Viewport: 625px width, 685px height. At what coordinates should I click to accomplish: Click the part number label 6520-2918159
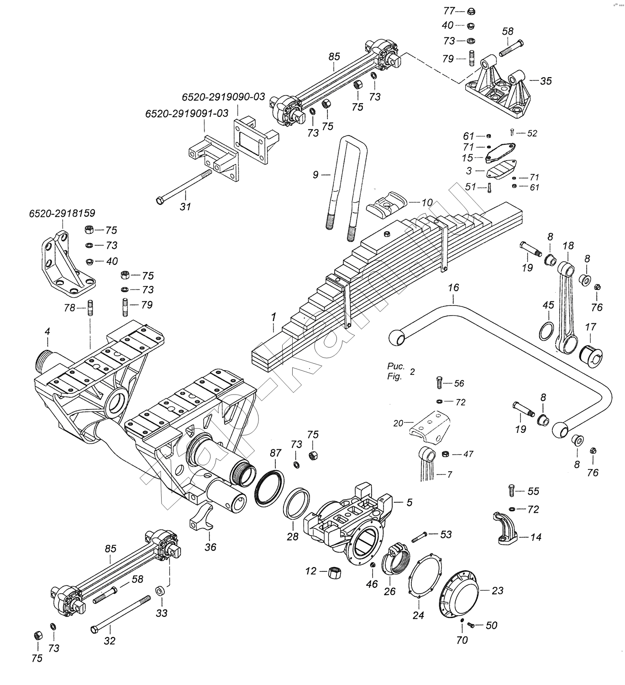[62, 213]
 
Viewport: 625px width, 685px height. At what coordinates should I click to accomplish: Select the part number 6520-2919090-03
[223, 97]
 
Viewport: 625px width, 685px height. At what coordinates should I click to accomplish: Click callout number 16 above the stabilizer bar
[453, 288]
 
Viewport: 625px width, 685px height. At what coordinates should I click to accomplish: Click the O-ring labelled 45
[546, 331]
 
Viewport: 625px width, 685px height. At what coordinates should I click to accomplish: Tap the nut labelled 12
[335, 572]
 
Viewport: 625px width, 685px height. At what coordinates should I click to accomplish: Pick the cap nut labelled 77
[473, 11]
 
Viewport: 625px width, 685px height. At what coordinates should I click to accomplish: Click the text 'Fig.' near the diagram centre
[394, 377]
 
